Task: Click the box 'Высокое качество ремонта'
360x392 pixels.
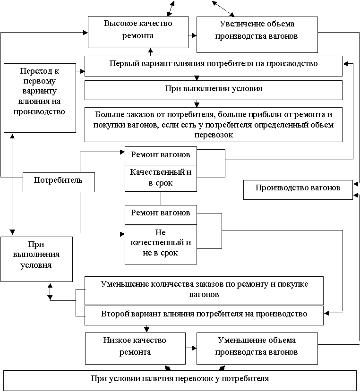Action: (138, 32)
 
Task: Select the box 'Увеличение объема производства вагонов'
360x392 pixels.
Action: (257, 34)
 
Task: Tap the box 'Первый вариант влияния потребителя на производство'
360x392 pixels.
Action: (213, 66)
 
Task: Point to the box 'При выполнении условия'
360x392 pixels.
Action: (213, 90)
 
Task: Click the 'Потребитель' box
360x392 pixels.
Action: (59, 182)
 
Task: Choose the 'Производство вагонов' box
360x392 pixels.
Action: (298, 190)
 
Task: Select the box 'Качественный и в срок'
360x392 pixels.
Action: (161, 178)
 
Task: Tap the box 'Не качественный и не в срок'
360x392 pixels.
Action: (161, 244)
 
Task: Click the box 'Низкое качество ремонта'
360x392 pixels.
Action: (135, 348)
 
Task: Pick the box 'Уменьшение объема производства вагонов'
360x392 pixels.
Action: (257, 348)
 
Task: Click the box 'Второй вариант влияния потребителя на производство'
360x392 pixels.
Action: (204, 315)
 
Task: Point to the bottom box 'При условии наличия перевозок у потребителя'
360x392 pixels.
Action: (180, 381)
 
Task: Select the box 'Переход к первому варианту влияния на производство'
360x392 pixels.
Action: (40, 98)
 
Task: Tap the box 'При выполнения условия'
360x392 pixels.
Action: (36, 259)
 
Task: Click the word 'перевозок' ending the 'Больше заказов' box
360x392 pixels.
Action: (214, 135)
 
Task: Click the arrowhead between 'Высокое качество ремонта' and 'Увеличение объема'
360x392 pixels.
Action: (194, 35)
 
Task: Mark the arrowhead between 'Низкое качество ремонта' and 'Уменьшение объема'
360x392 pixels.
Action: (194, 348)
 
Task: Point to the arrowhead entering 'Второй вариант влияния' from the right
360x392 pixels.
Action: (326, 313)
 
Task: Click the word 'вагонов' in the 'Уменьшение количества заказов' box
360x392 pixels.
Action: (204, 295)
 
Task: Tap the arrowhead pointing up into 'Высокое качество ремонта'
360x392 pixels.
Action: (151, 50)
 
